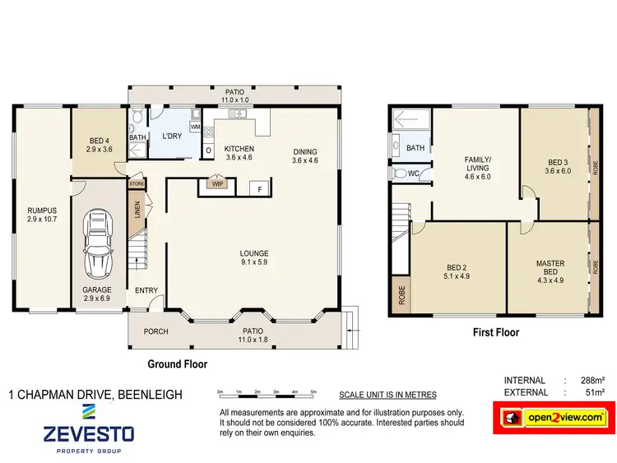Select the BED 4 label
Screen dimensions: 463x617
pyautogui.click(x=100, y=145)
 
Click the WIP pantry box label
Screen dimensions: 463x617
pyautogui.click(x=218, y=184)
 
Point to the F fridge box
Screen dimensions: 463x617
pyautogui.click(x=260, y=188)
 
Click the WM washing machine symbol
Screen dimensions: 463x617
pyautogui.click(x=195, y=127)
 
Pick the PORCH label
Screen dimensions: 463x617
pyautogui.click(x=155, y=331)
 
